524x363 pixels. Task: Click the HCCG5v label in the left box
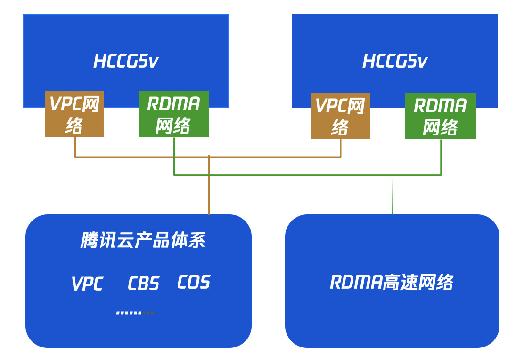[x=126, y=61]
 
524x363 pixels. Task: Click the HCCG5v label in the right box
[x=395, y=61]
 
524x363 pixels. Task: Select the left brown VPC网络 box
[x=74, y=114]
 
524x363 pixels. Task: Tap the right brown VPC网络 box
[x=340, y=116]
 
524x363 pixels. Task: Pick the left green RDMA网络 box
[x=173, y=114]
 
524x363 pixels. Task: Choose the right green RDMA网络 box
[x=441, y=116]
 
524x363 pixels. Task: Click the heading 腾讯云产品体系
[x=143, y=240]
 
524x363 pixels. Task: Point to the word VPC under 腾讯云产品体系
[x=87, y=284]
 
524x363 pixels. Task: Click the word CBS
[x=143, y=284]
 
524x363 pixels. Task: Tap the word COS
[x=194, y=282]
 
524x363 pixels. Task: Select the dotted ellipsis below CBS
[x=135, y=313]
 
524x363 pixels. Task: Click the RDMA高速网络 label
[x=392, y=282]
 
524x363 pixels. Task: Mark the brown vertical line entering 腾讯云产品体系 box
[x=209, y=185]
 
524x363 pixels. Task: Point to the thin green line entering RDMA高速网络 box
[x=392, y=195]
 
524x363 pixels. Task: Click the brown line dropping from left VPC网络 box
[x=75, y=147]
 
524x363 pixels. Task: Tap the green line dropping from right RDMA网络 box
[x=441, y=157]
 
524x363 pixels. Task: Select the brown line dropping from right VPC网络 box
[x=341, y=148]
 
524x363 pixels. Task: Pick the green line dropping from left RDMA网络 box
[x=174, y=156]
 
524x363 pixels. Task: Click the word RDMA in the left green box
[x=173, y=104]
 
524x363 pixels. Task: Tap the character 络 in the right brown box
[x=340, y=128]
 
